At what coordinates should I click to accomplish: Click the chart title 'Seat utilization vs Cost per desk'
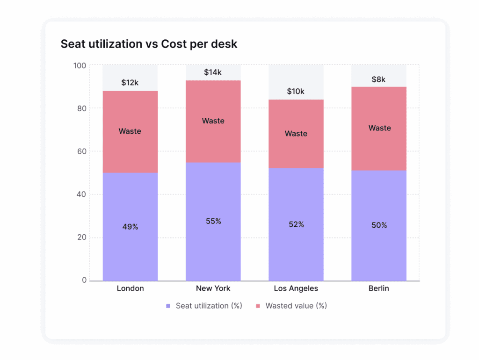click(x=149, y=44)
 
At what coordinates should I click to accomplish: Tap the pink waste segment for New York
click(x=213, y=140)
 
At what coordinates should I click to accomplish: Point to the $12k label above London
click(x=130, y=83)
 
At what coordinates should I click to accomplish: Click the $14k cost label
click(x=213, y=72)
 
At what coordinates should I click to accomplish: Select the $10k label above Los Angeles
click(x=296, y=92)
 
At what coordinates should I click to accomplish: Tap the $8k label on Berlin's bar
click(x=378, y=79)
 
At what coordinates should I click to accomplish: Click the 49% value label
click(x=130, y=227)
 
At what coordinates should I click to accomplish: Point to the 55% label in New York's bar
click(x=213, y=221)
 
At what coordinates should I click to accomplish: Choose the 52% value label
click(x=296, y=224)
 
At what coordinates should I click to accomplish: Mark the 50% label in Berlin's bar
click(x=379, y=225)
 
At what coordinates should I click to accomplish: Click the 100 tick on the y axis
click(x=80, y=65)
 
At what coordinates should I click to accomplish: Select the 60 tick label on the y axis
click(x=82, y=151)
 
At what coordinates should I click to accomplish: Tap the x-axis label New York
click(x=213, y=288)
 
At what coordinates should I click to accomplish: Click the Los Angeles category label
click(x=296, y=288)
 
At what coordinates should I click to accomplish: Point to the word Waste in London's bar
click(x=130, y=131)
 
